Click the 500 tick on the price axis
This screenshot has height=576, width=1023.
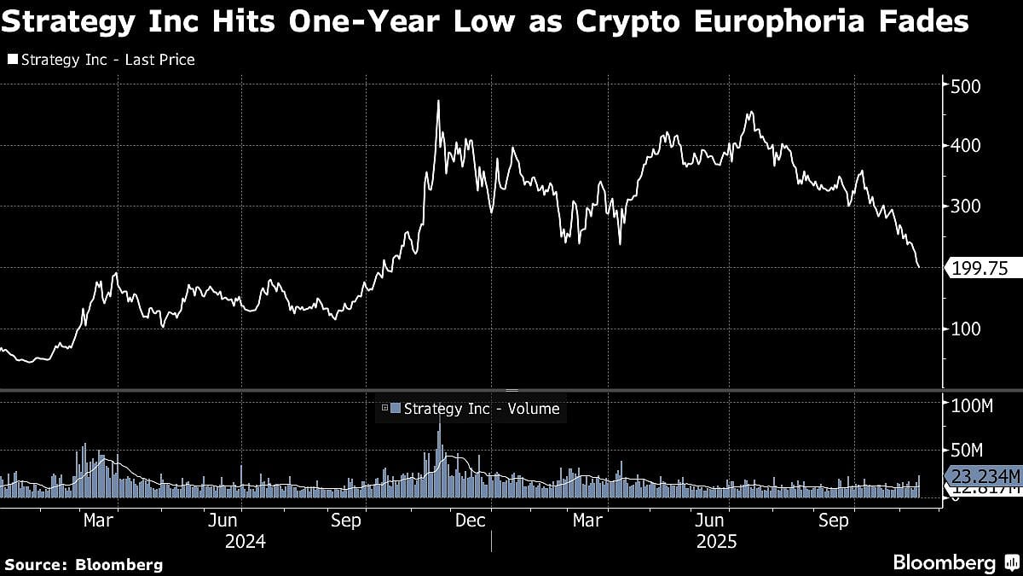[x=967, y=86]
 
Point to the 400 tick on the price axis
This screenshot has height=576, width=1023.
[x=967, y=146]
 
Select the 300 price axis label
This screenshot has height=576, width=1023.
[x=967, y=207]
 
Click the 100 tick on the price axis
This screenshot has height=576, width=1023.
[x=967, y=329]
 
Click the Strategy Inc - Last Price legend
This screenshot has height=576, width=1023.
[x=101, y=60]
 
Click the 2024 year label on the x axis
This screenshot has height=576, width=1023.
[x=245, y=541]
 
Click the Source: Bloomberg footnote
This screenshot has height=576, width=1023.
[x=84, y=564]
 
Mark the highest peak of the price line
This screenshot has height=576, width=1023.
[x=438, y=102]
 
